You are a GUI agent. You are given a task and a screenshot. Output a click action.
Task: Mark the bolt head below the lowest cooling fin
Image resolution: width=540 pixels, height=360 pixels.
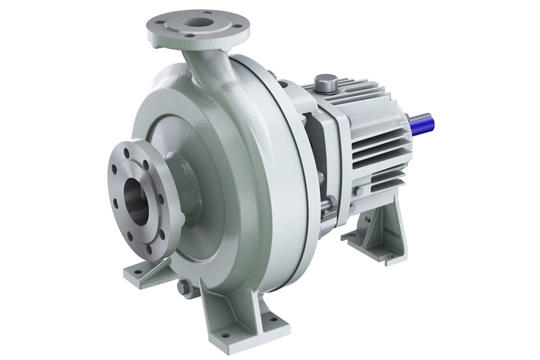[x=358, y=191]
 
